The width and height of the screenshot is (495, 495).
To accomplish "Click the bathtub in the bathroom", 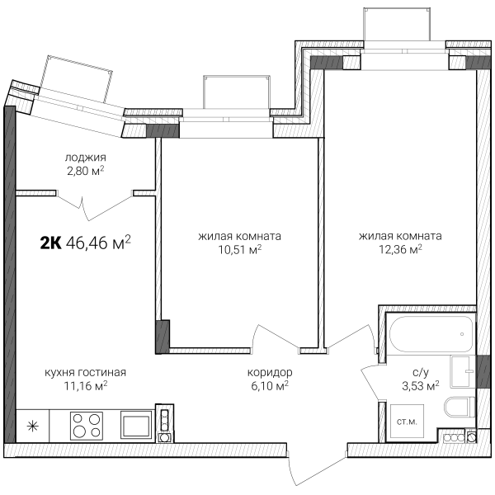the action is click(x=431, y=333).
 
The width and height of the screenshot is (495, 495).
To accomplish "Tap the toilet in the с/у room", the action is click(x=460, y=407).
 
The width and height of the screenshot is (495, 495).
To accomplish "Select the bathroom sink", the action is click(x=462, y=372).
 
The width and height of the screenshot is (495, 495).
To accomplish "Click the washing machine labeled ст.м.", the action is click(x=408, y=422).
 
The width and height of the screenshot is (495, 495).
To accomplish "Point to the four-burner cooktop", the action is click(x=87, y=425).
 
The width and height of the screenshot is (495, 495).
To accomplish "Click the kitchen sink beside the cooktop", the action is click(x=136, y=425).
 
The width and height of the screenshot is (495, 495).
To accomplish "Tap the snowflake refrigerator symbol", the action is click(x=32, y=427).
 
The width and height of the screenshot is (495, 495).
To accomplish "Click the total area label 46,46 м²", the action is click(x=98, y=243).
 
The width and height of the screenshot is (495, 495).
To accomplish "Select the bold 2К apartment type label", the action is click(x=50, y=243).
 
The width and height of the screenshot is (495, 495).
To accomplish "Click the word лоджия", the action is click(x=86, y=158).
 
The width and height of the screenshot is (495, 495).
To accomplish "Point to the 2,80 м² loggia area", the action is click(x=86, y=171).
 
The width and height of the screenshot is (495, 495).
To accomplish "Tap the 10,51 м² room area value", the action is click(x=240, y=250).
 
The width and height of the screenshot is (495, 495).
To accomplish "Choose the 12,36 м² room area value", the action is click(x=400, y=250).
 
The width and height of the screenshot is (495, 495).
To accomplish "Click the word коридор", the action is click(x=270, y=373).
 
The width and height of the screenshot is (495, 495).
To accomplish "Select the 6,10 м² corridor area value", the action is click(x=270, y=386).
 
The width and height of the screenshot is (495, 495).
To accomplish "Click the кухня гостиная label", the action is click(x=85, y=373).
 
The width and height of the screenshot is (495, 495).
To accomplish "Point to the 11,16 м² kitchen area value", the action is click(x=86, y=386).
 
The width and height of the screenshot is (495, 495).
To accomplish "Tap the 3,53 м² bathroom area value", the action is click(x=421, y=386).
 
